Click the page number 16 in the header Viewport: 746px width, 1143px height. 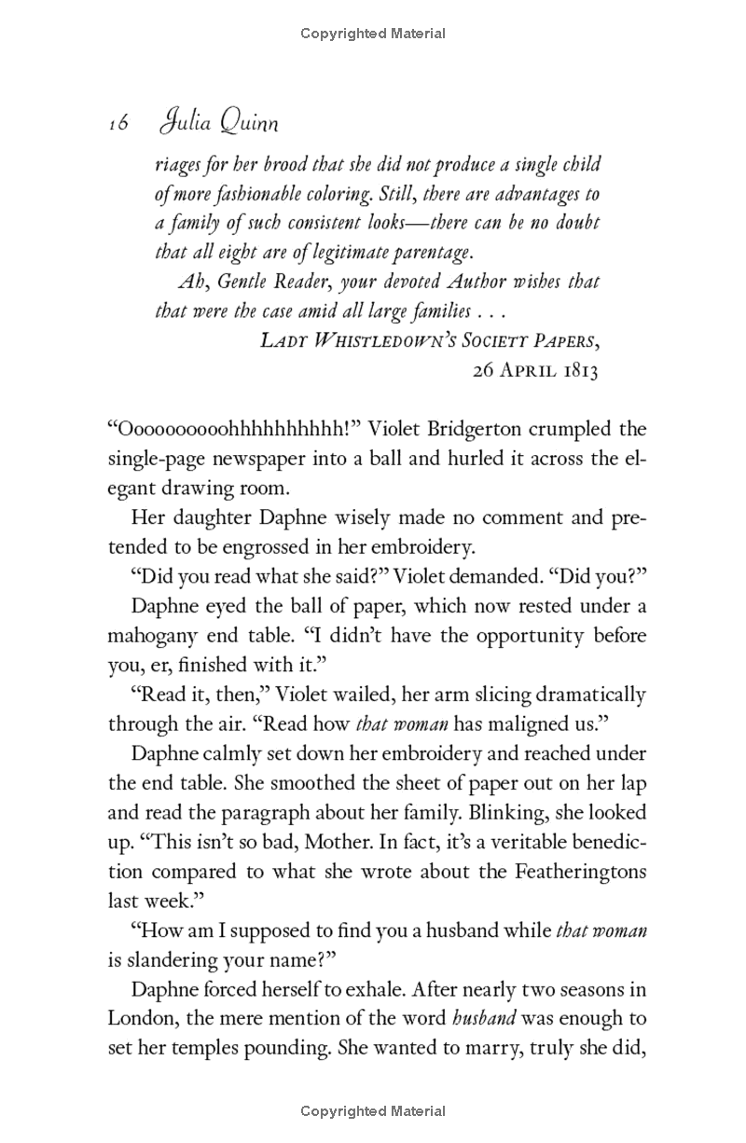[x=117, y=124]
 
